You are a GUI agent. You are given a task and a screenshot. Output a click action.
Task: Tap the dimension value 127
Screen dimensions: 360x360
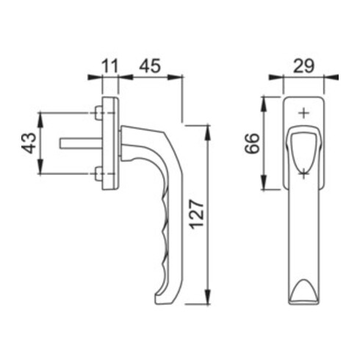(198, 215)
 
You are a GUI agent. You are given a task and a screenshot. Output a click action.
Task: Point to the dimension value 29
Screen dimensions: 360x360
(303, 64)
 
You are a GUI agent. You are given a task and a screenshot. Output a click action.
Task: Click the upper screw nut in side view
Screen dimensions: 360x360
(98, 112)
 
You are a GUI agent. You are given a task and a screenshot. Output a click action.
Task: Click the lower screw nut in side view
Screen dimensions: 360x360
(98, 173)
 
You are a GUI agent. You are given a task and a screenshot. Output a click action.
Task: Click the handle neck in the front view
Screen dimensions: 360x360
(302, 147)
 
